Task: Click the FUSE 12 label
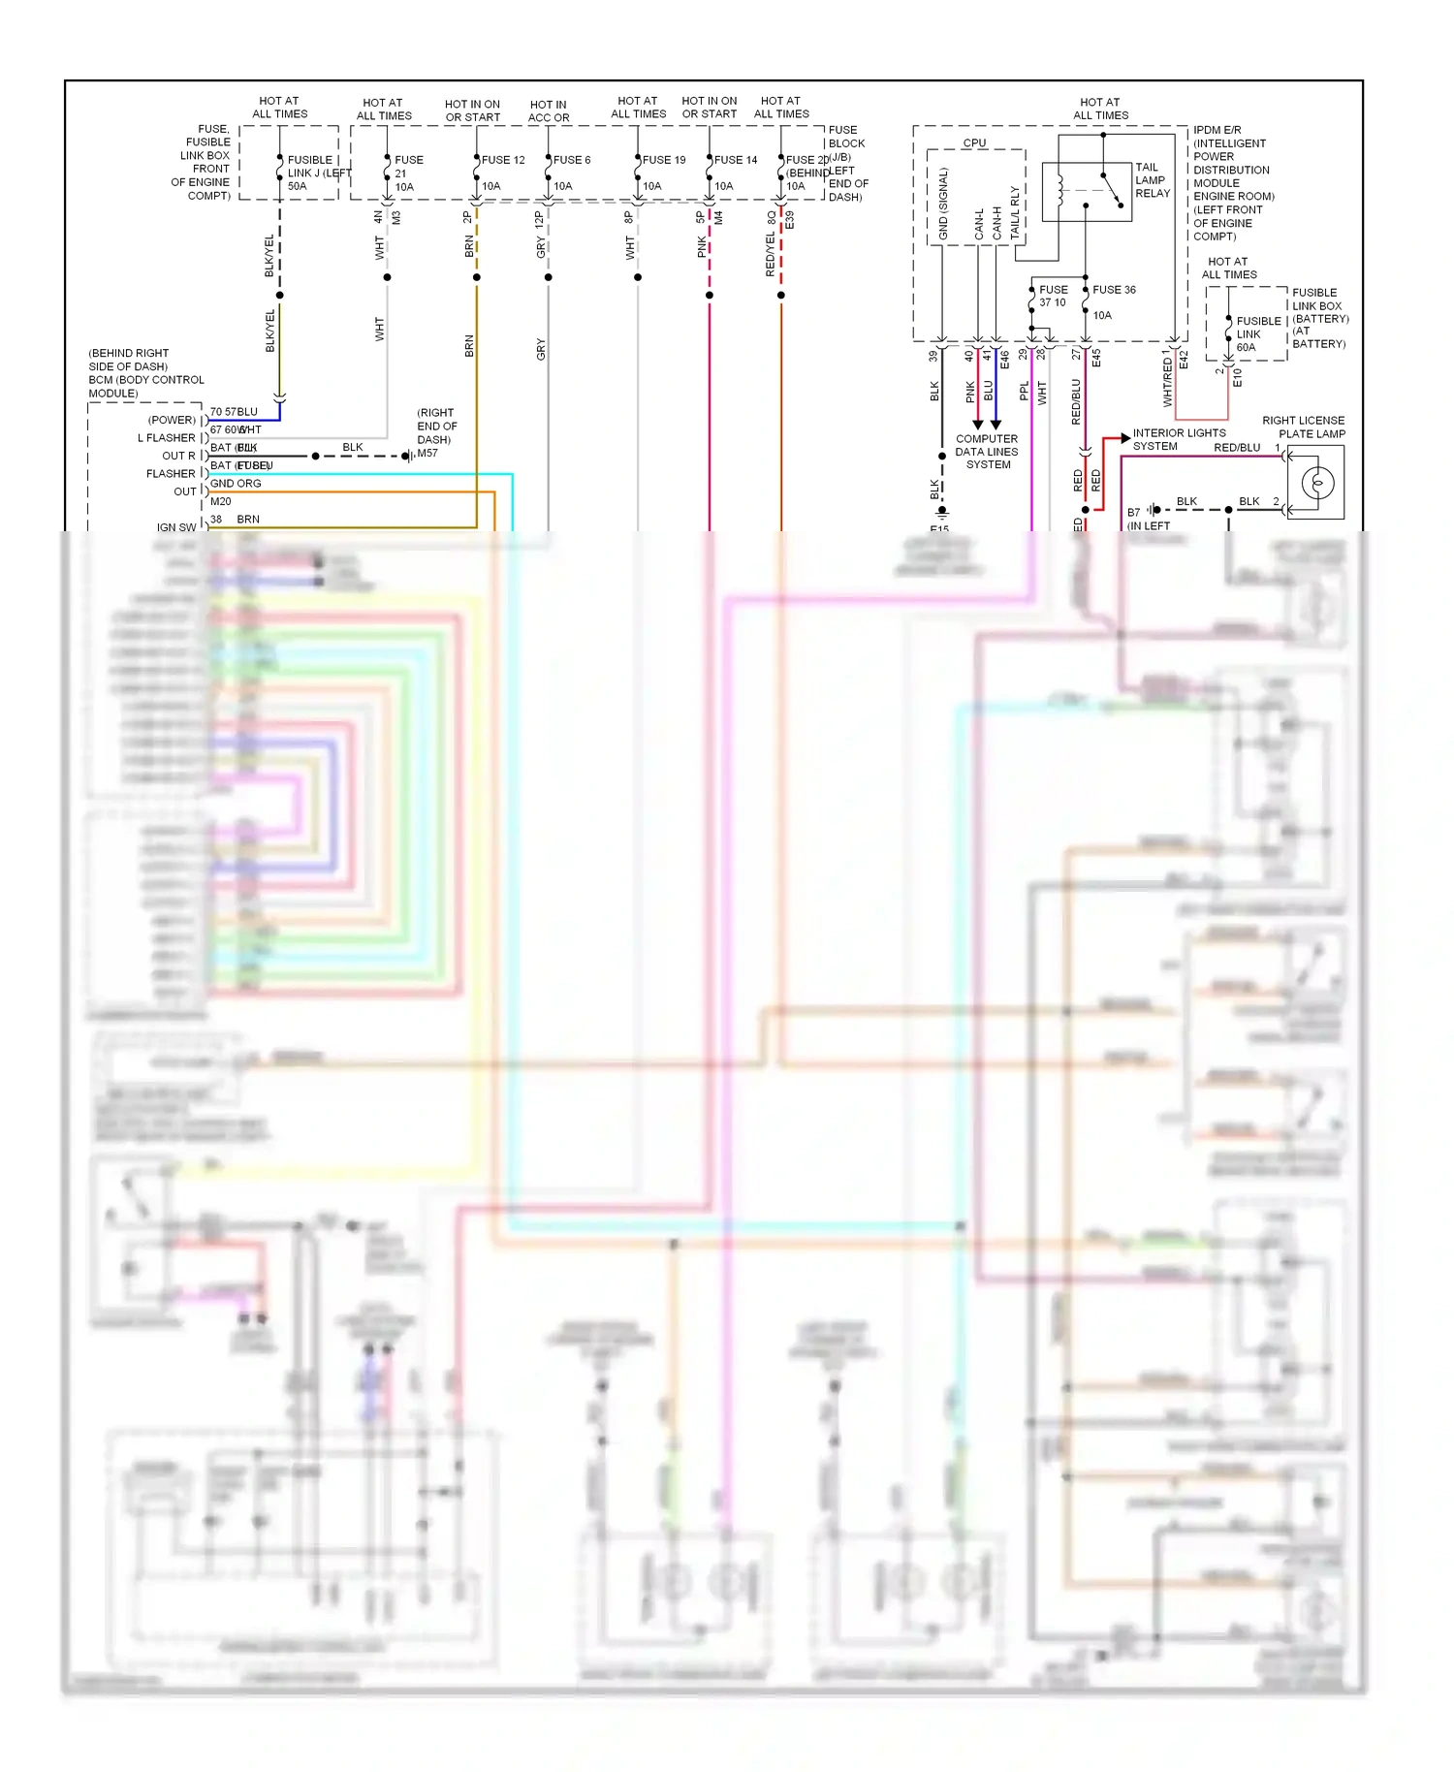[503, 160]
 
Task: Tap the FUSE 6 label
[572, 160]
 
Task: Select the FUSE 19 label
[664, 160]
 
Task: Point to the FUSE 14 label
[736, 160]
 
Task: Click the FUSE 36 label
[1114, 290]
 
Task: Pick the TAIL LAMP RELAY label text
[1152, 180]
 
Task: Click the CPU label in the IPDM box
[974, 142]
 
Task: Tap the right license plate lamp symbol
[1316, 482]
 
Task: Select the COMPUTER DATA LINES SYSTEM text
[987, 452]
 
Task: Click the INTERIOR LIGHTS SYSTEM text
[1179, 440]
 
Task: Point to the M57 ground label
[427, 453]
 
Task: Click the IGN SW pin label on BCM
[175, 528]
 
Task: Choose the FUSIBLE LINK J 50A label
[311, 173]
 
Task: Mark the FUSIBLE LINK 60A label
[1257, 334]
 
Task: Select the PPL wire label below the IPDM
[1025, 392]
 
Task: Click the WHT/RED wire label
[1167, 382]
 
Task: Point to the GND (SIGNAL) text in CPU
[943, 205]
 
